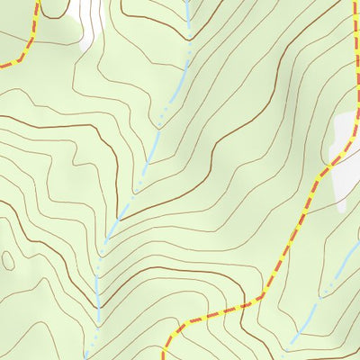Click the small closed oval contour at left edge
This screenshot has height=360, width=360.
(8, 260)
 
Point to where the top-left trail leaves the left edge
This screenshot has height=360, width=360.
(2, 66)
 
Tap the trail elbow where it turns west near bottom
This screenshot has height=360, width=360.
(264, 294)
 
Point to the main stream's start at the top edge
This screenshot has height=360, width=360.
(187, 2)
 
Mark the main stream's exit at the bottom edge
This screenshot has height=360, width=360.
(87, 358)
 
